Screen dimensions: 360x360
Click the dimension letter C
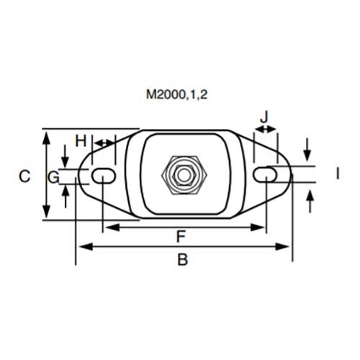point(24,176)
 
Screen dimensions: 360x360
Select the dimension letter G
point(53,176)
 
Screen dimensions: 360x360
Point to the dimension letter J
point(265,115)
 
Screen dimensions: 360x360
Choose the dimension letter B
point(183,260)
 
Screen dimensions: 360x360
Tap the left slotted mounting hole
point(104,174)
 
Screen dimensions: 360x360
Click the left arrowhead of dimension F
point(109,228)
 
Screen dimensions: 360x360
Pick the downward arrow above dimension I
point(308,156)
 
